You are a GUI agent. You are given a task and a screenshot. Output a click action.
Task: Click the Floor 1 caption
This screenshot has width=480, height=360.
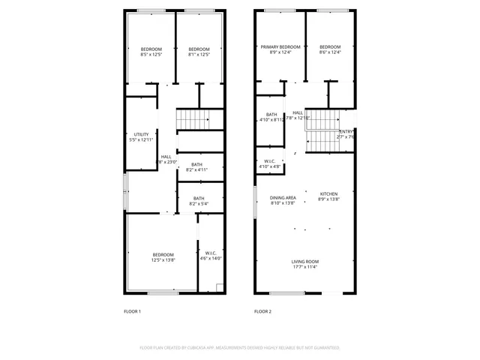pos(132,311)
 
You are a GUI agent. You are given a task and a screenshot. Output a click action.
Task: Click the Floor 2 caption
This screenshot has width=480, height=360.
pos(262,311)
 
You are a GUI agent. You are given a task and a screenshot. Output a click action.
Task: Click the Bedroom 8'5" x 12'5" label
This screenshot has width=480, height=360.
pos(151,51)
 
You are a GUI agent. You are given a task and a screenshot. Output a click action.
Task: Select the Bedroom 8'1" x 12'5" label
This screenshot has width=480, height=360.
pos(199,51)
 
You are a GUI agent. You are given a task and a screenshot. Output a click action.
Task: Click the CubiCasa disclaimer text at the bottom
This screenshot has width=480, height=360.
pos(240,348)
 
